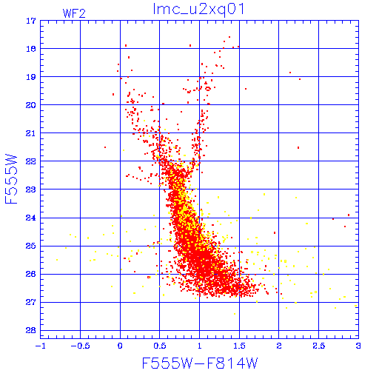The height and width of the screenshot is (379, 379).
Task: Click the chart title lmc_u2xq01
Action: (199, 10)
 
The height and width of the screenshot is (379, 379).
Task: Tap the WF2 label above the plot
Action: (74, 13)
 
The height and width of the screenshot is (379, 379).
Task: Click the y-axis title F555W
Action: (11, 179)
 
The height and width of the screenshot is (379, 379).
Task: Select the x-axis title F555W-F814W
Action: (200, 363)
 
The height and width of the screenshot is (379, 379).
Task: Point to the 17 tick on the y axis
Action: (31, 21)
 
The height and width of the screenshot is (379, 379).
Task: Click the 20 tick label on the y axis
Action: (31, 105)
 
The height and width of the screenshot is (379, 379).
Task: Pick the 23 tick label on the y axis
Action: (31, 189)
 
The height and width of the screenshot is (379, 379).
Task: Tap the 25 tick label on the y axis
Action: (31, 246)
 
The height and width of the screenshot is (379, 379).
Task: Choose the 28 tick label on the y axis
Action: (31, 330)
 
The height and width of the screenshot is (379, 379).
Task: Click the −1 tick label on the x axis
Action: (40, 346)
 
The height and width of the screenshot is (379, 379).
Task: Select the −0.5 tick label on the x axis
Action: (80, 346)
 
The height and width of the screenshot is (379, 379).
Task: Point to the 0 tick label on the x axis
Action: (120, 346)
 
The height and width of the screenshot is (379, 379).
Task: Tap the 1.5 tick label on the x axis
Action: (239, 346)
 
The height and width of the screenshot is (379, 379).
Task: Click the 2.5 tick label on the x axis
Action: (318, 346)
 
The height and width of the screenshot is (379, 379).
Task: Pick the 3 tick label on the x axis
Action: (358, 346)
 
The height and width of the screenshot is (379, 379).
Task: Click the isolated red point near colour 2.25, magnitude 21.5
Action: (298, 147)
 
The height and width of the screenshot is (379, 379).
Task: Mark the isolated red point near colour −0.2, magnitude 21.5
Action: (105, 147)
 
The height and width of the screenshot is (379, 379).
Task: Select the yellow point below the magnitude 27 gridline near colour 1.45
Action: (235, 314)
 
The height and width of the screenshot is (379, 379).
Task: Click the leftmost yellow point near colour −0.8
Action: (57, 260)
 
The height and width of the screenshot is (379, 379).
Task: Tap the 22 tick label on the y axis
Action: (31, 161)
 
